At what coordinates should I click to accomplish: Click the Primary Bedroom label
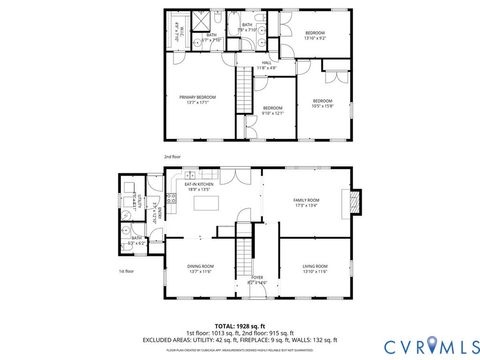coord(194,98)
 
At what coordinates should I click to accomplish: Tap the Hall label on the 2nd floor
coord(267,65)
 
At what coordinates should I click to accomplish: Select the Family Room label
coord(305,202)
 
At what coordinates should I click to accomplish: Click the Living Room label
coord(315,267)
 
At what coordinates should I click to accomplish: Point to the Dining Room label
coord(201,267)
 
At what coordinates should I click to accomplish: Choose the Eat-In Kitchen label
coord(199,186)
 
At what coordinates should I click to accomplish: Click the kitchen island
coord(209,203)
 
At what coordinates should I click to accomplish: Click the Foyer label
coord(257,280)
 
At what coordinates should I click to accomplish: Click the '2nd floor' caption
coord(173,157)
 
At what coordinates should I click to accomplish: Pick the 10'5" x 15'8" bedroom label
coord(321,103)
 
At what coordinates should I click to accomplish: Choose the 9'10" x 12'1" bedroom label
coord(273,110)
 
